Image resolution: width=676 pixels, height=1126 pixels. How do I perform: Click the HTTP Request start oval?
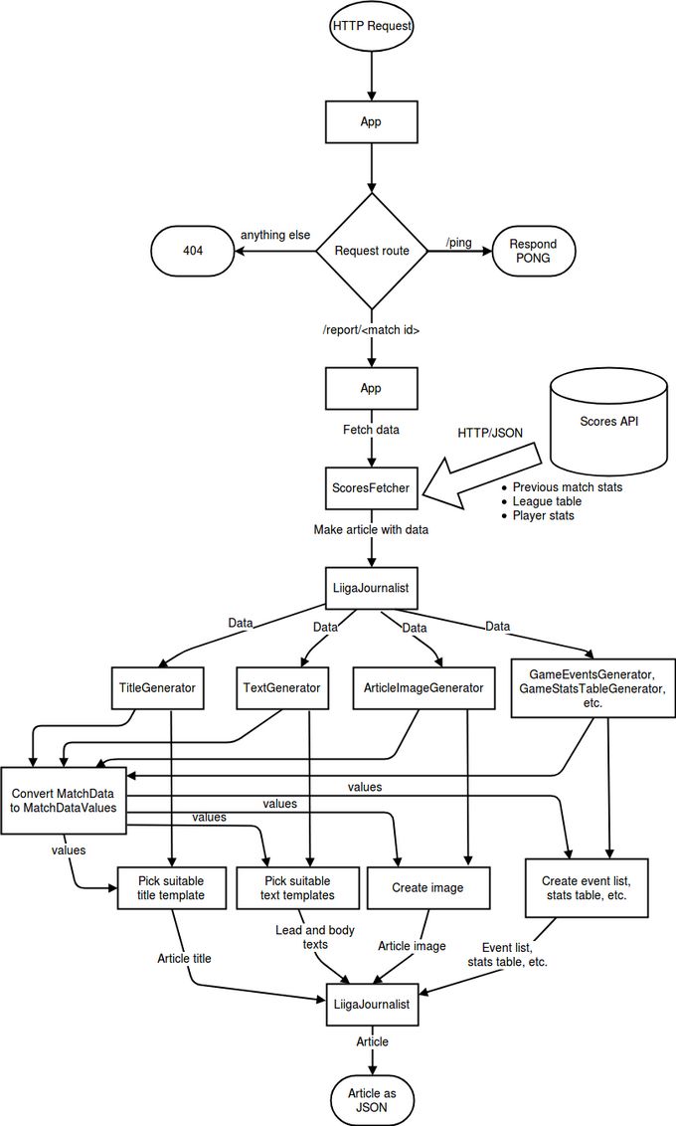click(372, 27)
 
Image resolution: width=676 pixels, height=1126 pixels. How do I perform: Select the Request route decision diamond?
click(372, 251)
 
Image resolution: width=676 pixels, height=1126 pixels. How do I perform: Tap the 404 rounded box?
click(193, 252)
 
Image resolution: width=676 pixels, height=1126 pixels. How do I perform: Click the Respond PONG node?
click(533, 252)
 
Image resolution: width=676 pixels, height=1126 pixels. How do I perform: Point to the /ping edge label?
click(459, 242)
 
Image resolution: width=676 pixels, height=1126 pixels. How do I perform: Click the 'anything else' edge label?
click(275, 235)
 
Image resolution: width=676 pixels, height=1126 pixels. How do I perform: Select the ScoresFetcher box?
click(370, 488)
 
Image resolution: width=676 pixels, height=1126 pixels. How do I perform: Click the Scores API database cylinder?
click(608, 423)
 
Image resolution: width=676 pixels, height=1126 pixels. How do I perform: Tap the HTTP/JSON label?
click(490, 433)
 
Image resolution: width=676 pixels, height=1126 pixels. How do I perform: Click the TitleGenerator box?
click(157, 688)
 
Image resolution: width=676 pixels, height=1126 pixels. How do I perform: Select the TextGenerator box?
click(282, 688)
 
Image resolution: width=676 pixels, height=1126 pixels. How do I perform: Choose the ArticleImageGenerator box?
click(423, 688)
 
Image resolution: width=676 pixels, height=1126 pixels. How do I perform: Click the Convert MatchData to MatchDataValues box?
click(64, 801)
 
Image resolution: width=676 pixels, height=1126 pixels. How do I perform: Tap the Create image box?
click(427, 887)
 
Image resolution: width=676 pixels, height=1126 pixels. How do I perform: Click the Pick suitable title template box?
click(171, 888)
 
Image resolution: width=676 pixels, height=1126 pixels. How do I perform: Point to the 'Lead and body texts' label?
click(315, 937)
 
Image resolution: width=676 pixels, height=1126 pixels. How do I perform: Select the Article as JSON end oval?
click(372, 1100)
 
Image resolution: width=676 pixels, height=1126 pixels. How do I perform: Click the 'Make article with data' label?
click(371, 529)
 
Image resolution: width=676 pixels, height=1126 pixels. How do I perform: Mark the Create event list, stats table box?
click(587, 888)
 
